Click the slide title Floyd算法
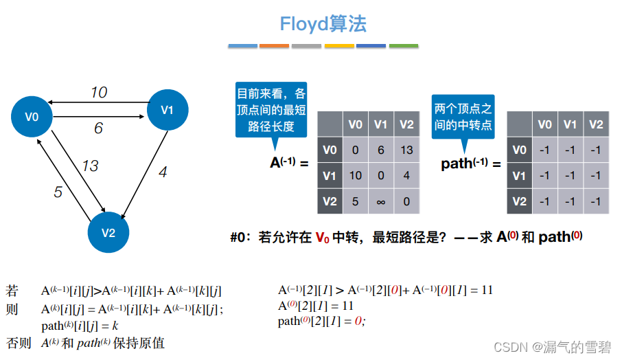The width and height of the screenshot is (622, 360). (323, 24)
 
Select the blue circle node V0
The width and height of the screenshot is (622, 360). (32, 117)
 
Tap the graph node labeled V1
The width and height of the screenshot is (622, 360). (168, 109)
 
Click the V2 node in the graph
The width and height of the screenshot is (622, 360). (108, 232)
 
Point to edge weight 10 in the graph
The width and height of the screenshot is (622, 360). (99, 92)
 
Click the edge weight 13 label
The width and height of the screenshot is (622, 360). (90, 166)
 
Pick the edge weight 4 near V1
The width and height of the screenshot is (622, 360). (163, 172)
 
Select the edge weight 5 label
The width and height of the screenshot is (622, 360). (58, 192)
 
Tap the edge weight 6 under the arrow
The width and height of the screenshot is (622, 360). (98, 128)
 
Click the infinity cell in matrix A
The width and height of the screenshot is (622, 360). (381, 201)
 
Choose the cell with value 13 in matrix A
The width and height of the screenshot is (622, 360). (406, 150)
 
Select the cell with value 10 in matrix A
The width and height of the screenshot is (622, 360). (355, 176)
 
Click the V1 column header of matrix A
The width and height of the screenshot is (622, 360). (381, 124)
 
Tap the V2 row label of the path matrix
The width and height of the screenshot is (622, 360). (519, 201)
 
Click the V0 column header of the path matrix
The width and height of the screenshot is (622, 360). (544, 124)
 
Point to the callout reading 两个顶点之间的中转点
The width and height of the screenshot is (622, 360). (463, 117)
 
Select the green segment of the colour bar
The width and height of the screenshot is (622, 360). (403, 46)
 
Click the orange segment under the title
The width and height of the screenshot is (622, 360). (274, 46)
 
